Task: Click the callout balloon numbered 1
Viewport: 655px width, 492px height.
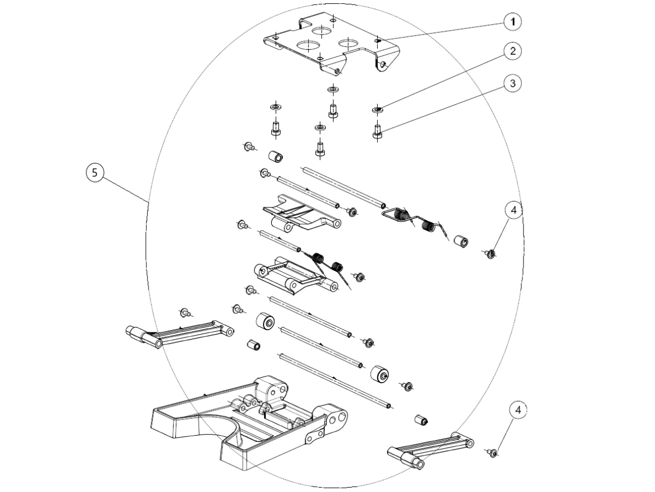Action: pos(512,22)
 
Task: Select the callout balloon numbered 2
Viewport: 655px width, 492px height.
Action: pos(512,52)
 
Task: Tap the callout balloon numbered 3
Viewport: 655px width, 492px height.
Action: pos(512,84)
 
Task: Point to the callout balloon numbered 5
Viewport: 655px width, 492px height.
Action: pos(95,173)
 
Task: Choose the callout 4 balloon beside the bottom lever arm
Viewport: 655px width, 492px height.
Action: pos(519,409)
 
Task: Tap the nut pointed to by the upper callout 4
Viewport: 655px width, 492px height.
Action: pos(491,253)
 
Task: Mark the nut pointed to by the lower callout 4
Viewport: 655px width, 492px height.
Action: pos(493,453)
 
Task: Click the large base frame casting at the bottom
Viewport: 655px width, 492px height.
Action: pos(246,421)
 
